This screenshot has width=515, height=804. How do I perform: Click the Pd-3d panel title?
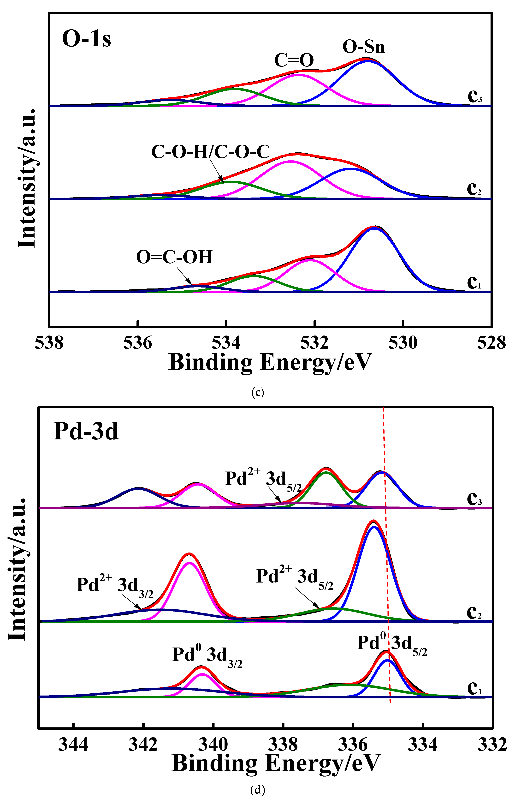pos(86,431)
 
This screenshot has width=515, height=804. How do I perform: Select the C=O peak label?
pos(294,60)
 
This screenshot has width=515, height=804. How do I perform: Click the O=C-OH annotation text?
pos(174,257)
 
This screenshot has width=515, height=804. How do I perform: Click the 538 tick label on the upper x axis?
pos(49,343)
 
